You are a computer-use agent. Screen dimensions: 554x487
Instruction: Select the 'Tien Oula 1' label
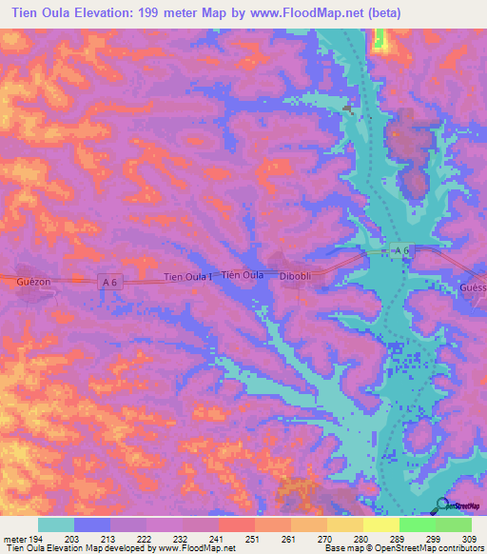click(x=187, y=277)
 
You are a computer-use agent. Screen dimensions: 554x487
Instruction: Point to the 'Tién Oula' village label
click(x=242, y=275)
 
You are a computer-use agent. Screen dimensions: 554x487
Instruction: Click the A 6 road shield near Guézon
click(x=110, y=280)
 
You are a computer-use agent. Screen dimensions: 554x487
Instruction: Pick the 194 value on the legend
click(x=39, y=539)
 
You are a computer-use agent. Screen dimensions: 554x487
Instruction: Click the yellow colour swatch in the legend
click(x=380, y=524)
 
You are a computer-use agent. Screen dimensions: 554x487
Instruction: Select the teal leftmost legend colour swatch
click(x=56, y=524)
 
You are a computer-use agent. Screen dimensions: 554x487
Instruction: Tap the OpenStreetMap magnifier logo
click(x=440, y=506)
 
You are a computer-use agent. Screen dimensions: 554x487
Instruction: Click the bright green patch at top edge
click(x=380, y=39)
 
